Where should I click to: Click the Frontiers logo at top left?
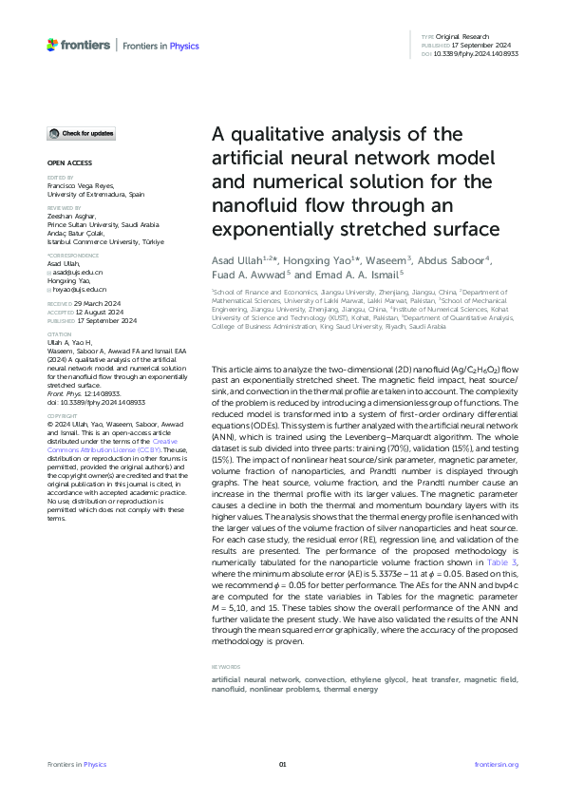[76, 45]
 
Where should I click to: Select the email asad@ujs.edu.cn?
[78, 273]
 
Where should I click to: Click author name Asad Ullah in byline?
[235, 258]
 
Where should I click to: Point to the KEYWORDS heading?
[225, 668]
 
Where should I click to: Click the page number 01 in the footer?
[282, 765]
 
